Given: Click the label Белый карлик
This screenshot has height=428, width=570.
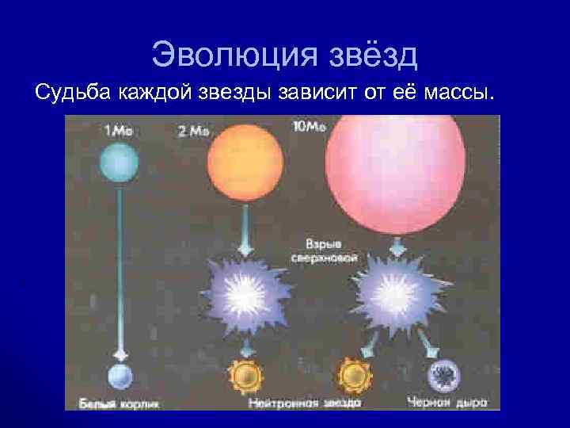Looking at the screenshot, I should [x=119, y=403].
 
